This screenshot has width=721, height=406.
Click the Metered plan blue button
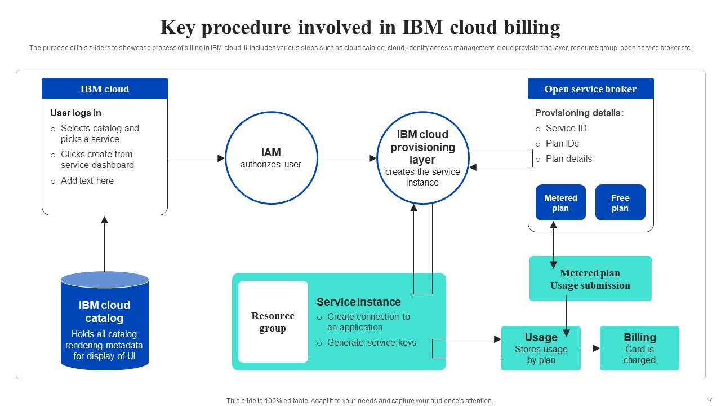click(560, 202)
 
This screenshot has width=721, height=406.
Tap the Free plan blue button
click(620, 202)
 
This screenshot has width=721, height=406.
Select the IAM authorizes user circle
click(272, 158)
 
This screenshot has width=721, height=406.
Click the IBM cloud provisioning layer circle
click(422, 158)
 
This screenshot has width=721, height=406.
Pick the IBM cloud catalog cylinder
click(105, 321)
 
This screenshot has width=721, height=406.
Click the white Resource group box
click(273, 321)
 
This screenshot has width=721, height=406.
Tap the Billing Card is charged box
click(639, 348)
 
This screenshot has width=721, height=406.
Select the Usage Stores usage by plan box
click(541, 348)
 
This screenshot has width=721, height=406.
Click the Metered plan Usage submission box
click(590, 279)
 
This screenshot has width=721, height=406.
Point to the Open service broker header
click(591, 89)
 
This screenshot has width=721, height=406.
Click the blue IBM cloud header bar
click(105, 89)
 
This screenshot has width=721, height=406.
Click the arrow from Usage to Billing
click(590, 348)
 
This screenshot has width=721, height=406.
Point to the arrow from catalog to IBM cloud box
click(104, 244)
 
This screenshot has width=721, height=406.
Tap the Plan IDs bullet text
click(562, 143)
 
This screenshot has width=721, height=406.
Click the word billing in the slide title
click(532, 28)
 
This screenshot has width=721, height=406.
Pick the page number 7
click(710, 400)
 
